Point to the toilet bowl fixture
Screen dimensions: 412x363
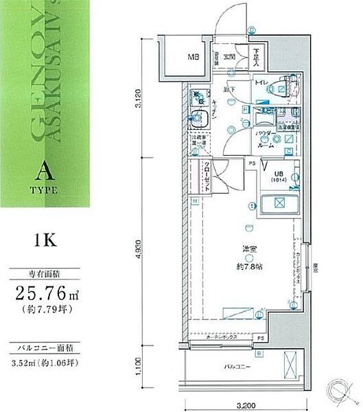coord(281,87)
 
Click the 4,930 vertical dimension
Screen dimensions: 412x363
coord(139,253)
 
